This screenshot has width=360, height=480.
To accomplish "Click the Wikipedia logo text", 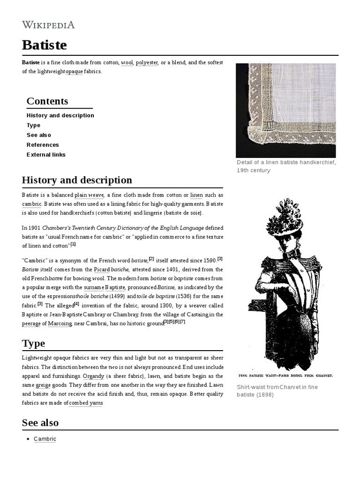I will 48,25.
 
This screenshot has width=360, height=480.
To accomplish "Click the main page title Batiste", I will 45,45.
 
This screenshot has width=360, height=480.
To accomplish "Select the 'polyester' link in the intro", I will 147,62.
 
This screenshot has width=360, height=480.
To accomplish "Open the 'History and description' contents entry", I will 60,115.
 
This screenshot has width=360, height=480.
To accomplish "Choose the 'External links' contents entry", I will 46,155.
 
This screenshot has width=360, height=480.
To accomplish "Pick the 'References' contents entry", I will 43,145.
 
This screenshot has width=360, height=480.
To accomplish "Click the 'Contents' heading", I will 47,101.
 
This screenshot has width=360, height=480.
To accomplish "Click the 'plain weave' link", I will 89,195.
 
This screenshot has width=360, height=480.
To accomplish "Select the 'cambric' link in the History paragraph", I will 32,204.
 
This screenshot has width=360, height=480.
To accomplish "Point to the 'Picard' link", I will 102,270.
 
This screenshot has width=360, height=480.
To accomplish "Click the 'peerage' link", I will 31,323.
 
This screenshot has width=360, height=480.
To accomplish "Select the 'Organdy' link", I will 93,376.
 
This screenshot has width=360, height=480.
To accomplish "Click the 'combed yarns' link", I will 86,403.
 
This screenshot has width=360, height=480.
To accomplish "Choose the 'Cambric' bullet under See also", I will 45,439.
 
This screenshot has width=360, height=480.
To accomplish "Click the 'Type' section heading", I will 33,343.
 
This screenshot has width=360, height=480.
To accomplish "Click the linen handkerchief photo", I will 285,110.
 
